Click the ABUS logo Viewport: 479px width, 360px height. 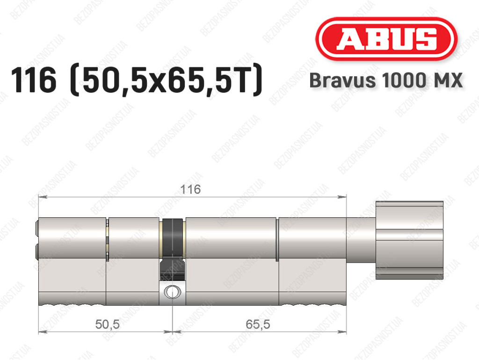[386, 39]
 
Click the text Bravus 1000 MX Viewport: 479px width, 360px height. [386, 81]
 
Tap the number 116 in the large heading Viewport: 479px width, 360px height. [34, 81]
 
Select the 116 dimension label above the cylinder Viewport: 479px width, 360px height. [191, 190]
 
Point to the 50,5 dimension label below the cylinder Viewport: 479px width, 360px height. [107, 324]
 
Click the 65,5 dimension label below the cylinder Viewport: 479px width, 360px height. [258, 324]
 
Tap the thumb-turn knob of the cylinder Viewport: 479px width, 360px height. [409, 241]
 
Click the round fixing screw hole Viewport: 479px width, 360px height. [173, 292]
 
